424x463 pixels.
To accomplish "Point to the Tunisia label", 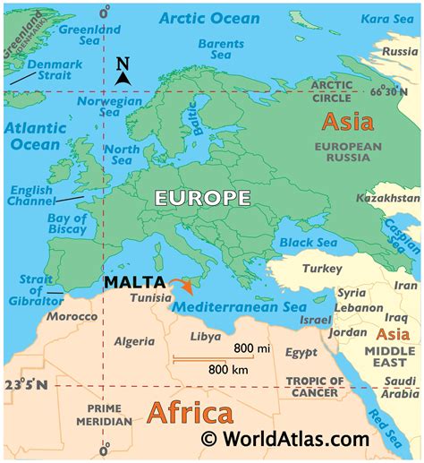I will click(x=150, y=297).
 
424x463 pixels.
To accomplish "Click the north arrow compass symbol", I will click(x=123, y=73).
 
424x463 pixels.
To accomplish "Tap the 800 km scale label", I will click(x=227, y=367).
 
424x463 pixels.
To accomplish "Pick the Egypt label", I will click(x=301, y=353).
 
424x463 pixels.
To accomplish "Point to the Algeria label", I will click(x=134, y=341).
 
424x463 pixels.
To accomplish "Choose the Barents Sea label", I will click(x=220, y=49).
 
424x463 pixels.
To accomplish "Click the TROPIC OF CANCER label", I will click(x=312, y=386).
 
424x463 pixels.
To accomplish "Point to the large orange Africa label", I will click(x=189, y=414).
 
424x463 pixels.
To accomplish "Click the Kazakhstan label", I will click(x=386, y=197).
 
